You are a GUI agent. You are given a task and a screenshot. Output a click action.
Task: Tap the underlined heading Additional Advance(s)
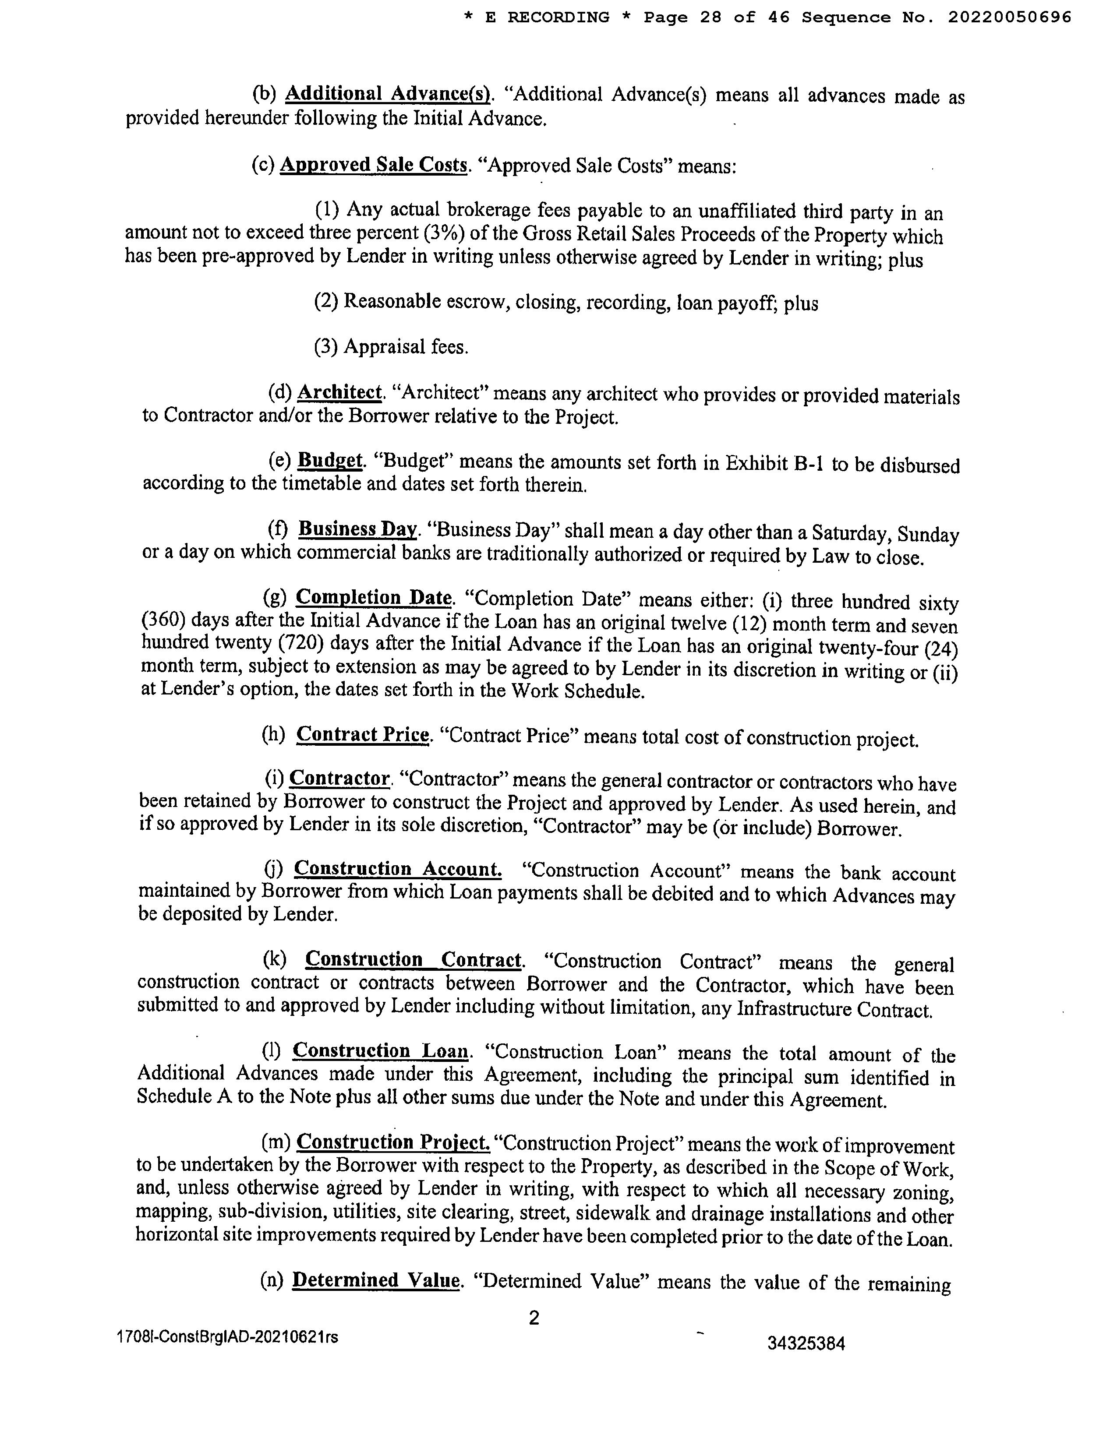pyautogui.click(x=388, y=94)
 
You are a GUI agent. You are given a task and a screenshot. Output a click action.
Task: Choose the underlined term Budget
pyautogui.click(x=330, y=461)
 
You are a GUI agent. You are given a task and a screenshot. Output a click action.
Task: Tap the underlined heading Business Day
pyautogui.click(x=357, y=529)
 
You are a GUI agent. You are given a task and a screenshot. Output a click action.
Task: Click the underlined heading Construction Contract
pyautogui.click(x=414, y=959)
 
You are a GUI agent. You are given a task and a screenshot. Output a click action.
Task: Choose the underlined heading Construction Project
pyautogui.click(x=393, y=1142)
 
